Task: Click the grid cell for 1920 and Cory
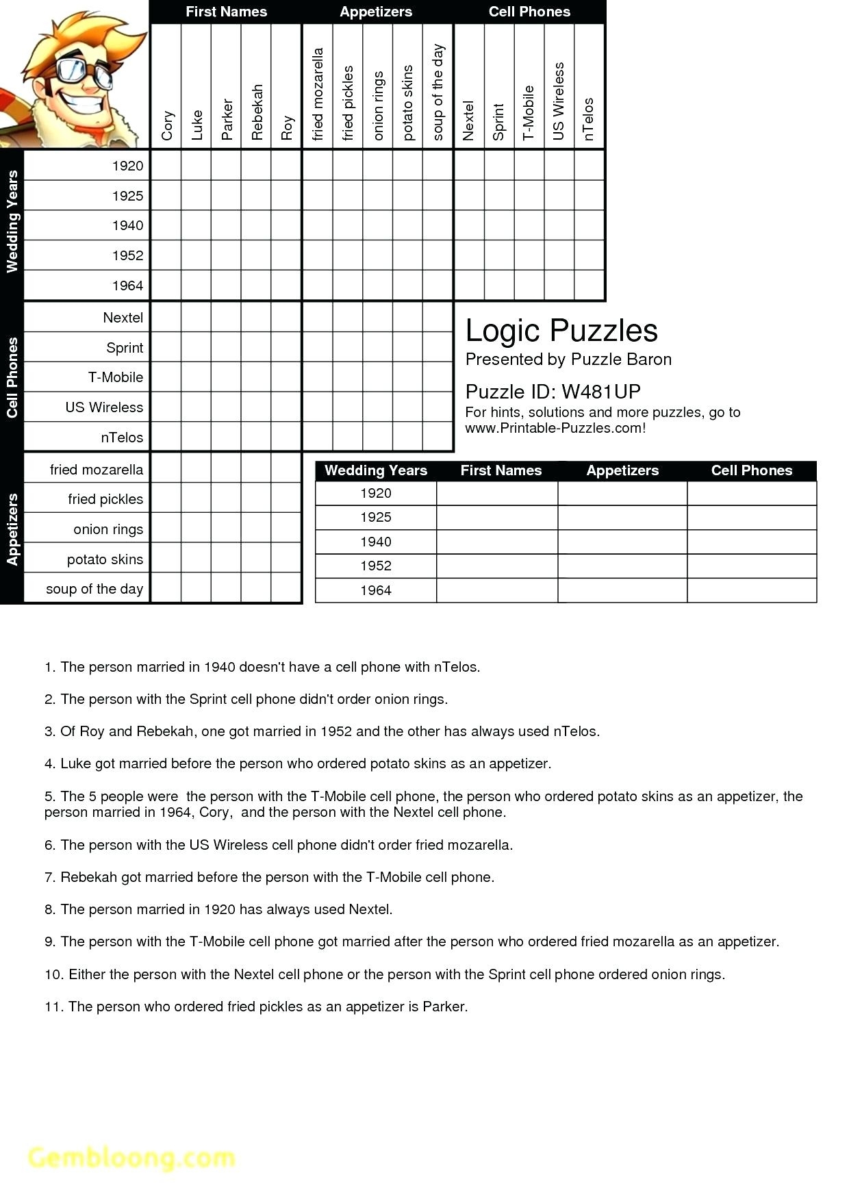(x=166, y=165)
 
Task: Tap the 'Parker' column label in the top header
(x=227, y=120)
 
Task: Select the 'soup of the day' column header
(x=438, y=92)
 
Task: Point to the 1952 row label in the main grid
(x=127, y=255)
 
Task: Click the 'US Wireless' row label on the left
(x=104, y=407)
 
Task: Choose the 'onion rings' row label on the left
(x=108, y=529)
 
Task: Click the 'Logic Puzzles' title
(x=561, y=331)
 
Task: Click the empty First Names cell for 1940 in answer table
(x=497, y=542)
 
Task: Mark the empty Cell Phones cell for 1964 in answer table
(x=751, y=590)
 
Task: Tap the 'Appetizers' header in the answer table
(x=622, y=470)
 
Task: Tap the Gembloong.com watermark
(x=131, y=1157)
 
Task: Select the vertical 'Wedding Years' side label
(x=12, y=222)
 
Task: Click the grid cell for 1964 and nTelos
(x=589, y=285)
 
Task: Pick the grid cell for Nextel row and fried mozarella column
(x=317, y=318)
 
